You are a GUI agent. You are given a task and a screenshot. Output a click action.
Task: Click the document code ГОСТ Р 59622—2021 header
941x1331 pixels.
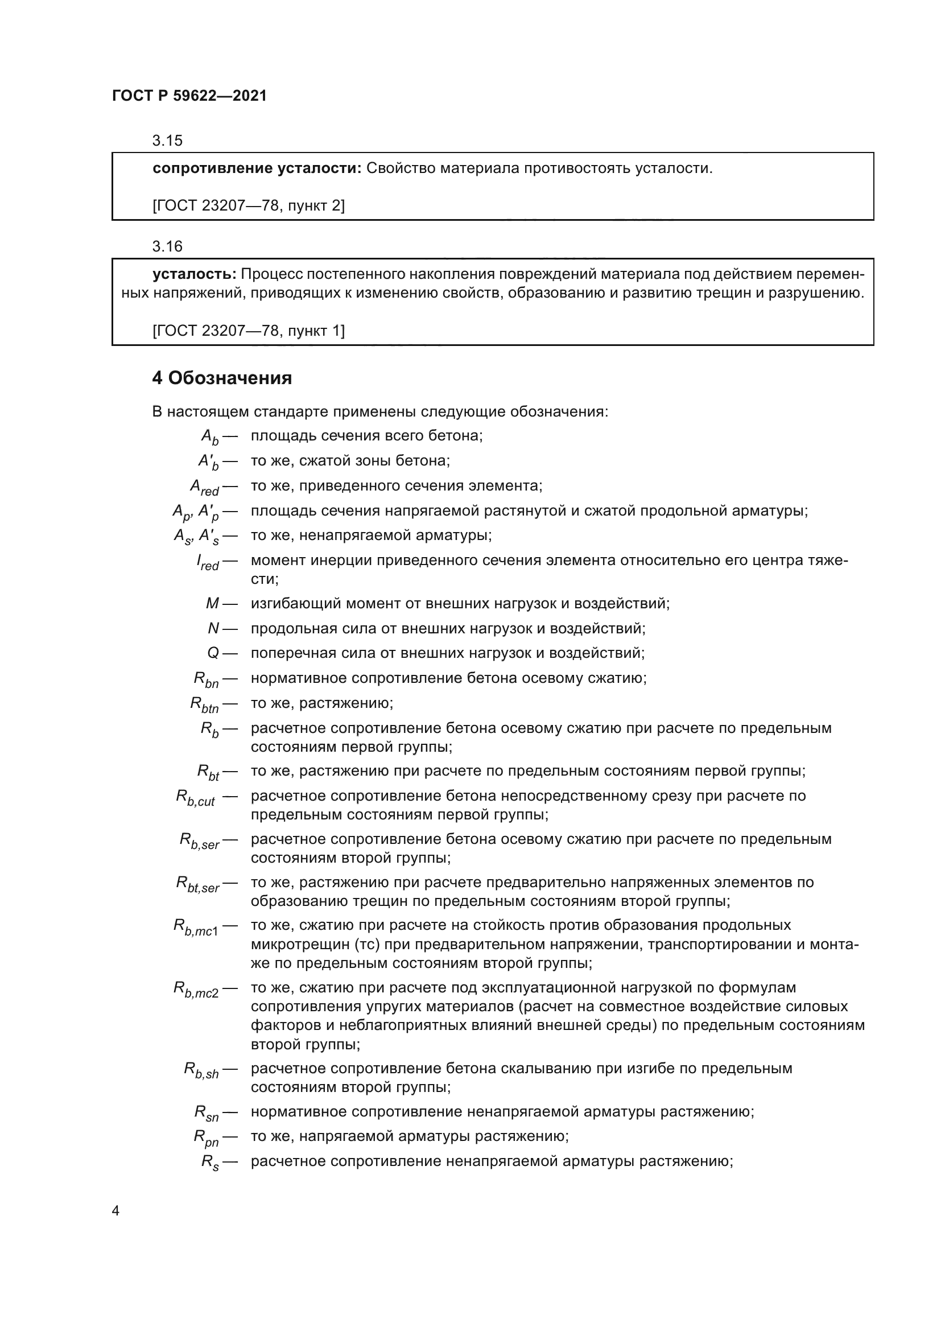click(189, 96)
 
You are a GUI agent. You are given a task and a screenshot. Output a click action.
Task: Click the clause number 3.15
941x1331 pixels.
click(167, 141)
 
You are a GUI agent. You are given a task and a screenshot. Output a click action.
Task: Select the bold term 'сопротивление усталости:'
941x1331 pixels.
click(257, 168)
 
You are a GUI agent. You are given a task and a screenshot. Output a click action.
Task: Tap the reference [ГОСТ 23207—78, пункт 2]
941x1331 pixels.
click(248, 205)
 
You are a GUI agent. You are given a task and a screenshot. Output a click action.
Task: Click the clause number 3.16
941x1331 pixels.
click(167, 247)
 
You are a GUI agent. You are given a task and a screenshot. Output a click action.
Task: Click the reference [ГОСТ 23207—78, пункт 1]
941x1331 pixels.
click(248, 331)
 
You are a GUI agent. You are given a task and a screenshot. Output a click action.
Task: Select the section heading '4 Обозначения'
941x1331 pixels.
click(222, 378)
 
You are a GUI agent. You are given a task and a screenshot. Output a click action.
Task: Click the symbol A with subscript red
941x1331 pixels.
click(205, 488)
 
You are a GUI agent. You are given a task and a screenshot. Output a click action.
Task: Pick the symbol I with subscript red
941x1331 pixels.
click(208, 562)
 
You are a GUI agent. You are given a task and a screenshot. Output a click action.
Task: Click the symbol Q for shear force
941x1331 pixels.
click(213, 653)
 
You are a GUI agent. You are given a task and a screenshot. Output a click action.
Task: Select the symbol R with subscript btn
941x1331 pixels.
click(205, 705)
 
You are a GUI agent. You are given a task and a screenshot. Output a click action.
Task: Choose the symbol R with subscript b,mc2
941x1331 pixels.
click(196, 990)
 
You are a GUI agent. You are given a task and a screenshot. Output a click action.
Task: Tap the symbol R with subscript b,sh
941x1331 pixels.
click(201, 1070)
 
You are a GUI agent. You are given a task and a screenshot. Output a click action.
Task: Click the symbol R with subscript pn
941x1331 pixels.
click(206, 1139)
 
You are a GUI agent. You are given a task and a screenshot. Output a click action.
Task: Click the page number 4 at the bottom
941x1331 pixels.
click(115, 1211)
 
